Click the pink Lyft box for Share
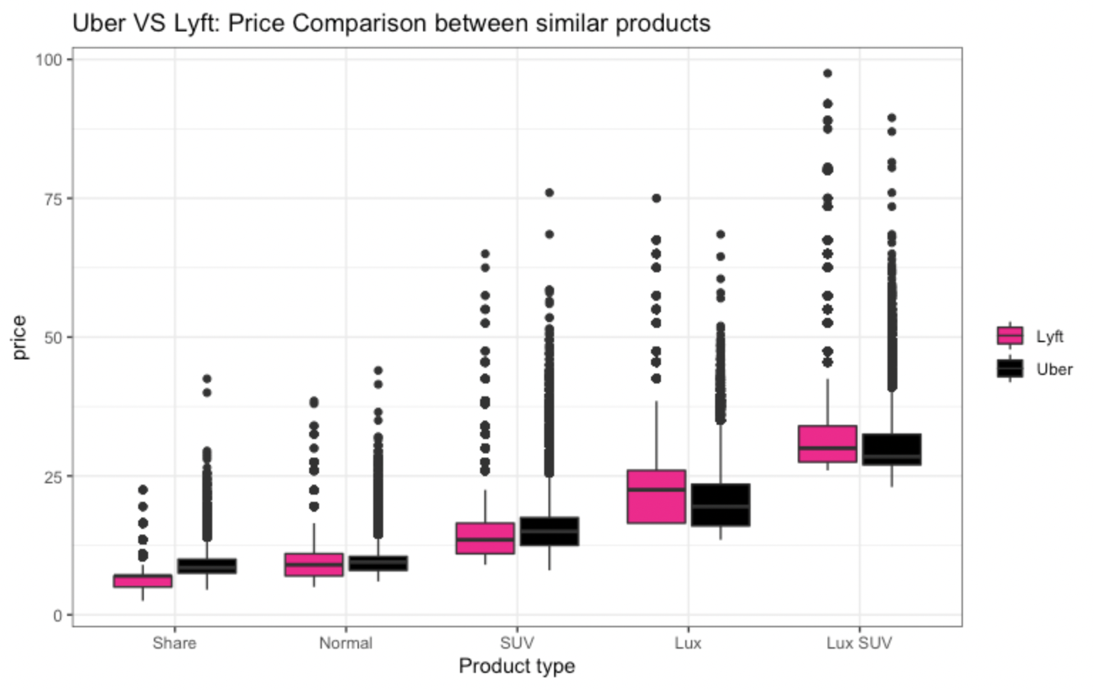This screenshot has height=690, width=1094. click(x=142, y=581)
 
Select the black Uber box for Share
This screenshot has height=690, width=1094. click(x=207, y=566)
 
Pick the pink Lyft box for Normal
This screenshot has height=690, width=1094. click(x=313, y=565)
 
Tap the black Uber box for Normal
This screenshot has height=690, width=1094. click(x=378, y=563)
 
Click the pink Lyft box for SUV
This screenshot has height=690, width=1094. click(x=485, y=538)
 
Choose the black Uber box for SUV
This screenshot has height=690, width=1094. click(x=549, y=531)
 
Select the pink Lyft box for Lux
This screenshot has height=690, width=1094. click(x=656, y=497)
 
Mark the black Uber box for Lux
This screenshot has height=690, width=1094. click(x=720, y=505)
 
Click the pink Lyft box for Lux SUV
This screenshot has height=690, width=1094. click(x=827, y=443)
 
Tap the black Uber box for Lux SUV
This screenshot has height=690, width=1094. click(x=891, y=449)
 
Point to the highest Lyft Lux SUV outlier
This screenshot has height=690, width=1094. click(x=827, y=73)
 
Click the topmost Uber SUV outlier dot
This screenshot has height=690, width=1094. click(x=549, y=192)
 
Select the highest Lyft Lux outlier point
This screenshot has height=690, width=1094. click(x=656, y=198)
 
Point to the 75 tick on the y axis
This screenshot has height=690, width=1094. click(x=53, y=198)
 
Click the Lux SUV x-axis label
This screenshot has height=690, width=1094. click(x=859, y=643)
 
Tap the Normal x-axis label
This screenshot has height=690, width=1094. click(x=345, y=643)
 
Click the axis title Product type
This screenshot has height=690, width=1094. click(x=516, y=666)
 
